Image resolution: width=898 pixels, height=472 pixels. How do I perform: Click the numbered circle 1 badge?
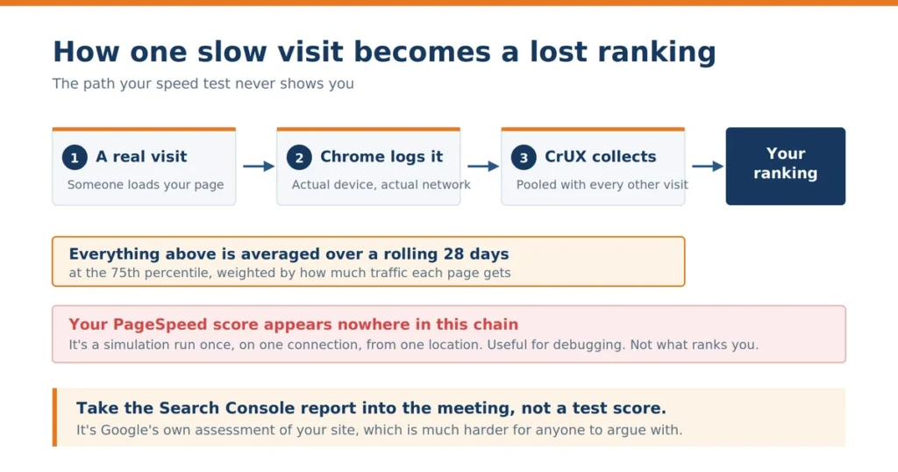(75, 158)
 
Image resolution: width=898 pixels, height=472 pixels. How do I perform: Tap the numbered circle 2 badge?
(299, 158)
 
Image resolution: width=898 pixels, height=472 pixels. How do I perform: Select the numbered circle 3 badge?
(524, 158)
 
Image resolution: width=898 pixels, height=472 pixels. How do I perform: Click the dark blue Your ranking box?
(785, 166)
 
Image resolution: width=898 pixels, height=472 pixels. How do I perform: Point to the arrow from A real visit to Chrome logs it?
(259, 166)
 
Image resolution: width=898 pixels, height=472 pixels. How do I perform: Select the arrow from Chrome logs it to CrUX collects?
(483, 166)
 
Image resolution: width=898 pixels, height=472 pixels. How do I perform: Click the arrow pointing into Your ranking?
(708, 166)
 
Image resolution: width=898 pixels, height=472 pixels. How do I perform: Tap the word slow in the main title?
(232, 52)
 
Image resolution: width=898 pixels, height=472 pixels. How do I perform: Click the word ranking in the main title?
(657, 53)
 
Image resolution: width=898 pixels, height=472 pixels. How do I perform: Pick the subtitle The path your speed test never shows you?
(203, 83)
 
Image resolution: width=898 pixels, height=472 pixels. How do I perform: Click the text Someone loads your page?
(146, 184)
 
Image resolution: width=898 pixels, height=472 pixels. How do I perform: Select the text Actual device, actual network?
(381, 184)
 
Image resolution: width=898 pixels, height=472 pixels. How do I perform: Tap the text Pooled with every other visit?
(602, 184)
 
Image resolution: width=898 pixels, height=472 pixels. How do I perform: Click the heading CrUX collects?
(600, 156)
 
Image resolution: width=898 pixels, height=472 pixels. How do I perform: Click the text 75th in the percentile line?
(125, 273)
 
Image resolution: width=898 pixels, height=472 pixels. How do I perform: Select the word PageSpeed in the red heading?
(160, 325)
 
